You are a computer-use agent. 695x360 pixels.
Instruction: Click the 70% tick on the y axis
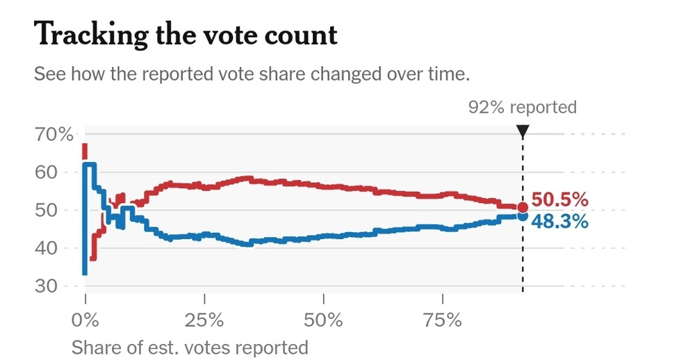[x=54, y=134]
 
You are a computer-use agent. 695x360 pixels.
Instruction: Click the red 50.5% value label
[x=560, y=201]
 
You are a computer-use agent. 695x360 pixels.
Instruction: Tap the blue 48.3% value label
[x=560, y=222]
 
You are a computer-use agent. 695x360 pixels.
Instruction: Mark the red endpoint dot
[x=523, y=207]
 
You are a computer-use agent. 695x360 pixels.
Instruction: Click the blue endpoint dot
[x=523, y=217]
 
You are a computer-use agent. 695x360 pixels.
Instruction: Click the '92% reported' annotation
[x=523, y=107]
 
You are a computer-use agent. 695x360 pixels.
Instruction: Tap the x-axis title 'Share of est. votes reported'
[x=190, y=347]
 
